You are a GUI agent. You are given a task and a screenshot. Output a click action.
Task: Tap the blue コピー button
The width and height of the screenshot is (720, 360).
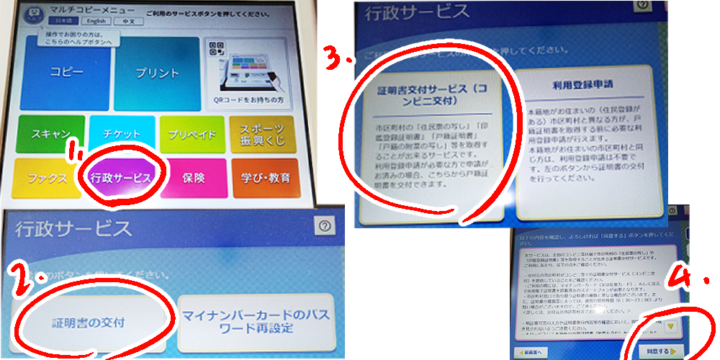tap(66, 73)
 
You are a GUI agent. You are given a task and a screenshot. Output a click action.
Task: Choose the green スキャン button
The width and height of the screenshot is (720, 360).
tap(49, 134)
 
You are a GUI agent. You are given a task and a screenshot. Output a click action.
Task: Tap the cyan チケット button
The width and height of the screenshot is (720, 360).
tap(122, 134)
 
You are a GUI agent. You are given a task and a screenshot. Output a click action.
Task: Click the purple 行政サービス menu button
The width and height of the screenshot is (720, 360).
tap(122, 178)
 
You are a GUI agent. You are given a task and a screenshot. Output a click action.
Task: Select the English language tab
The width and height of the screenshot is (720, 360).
tap(94, 21)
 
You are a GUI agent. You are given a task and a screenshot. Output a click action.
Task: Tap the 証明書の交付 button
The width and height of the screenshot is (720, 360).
tap(90, 323)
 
